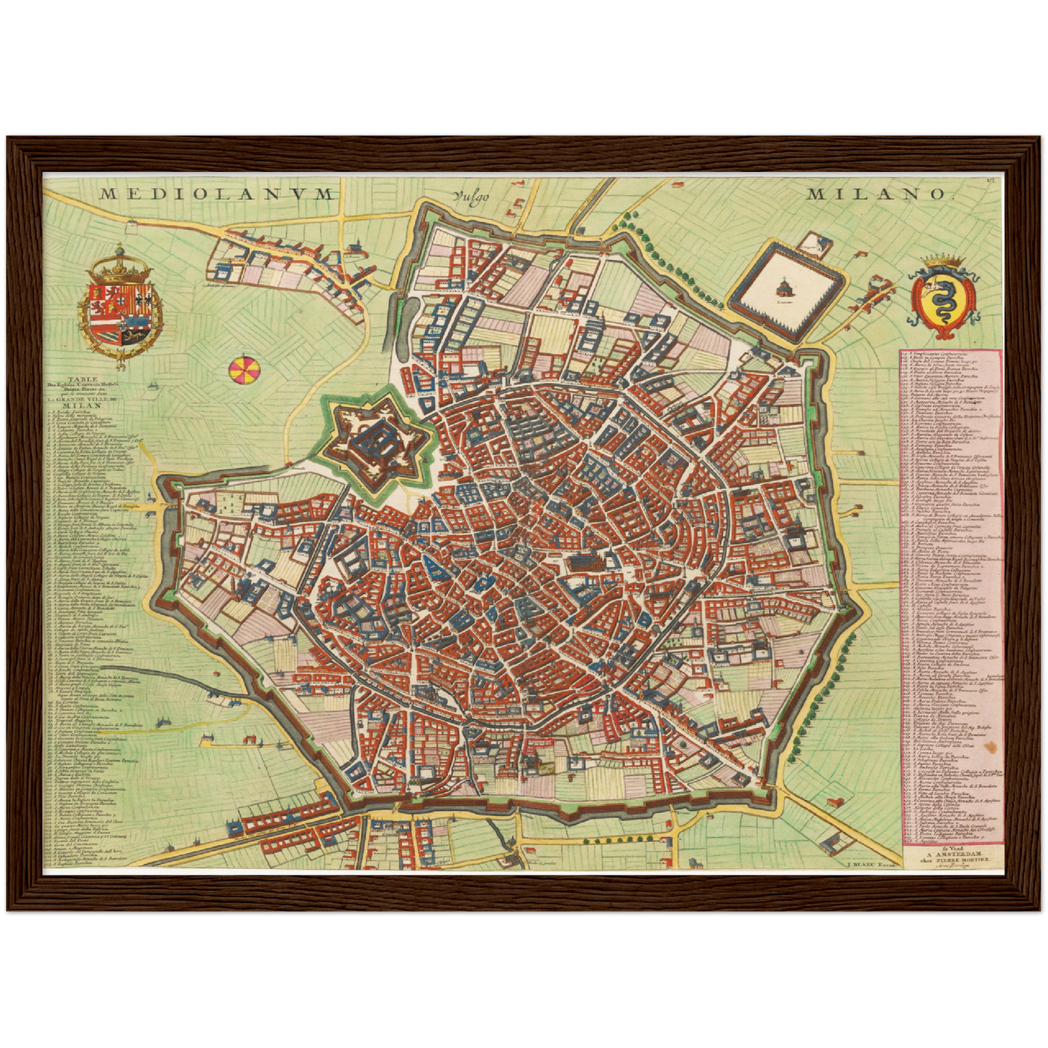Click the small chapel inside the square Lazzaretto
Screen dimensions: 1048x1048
click(x=784, y=285)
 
